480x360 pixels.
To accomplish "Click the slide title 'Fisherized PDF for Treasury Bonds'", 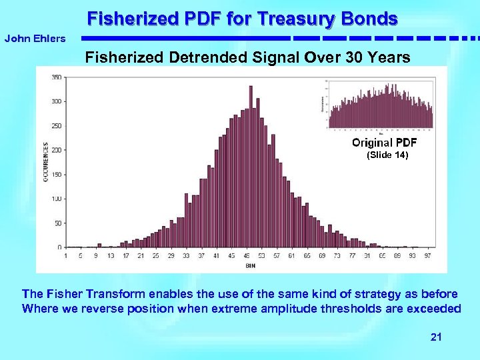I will [x=242, y=18].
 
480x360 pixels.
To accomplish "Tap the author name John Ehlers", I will [x=35, y=39].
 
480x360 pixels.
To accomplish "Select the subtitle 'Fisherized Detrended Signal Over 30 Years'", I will [x=247, y=58].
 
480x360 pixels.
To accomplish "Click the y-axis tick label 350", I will [x=57, y=77].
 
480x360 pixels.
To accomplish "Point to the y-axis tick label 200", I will [x=57, y=150].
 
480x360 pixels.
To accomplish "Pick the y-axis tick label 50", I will [x=58, y=223].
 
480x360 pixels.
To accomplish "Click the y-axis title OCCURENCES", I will [x=45, y=162].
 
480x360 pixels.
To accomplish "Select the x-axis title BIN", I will [x=249, y=266].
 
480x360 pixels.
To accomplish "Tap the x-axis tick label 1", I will [x=65, y=255].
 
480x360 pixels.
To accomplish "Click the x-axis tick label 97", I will [x=427, y=255].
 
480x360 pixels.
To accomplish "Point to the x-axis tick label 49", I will [x=246, y=255].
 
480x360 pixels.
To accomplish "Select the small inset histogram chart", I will [x=379, y=103].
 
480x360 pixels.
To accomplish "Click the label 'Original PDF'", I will [x=384, y=143].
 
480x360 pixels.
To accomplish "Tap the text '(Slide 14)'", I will [x=386, y=155].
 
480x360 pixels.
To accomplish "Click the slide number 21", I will [x=436, y=337].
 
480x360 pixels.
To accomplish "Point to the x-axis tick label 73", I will [x=337, y=255].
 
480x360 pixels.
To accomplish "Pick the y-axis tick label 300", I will [x=57, y=101].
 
